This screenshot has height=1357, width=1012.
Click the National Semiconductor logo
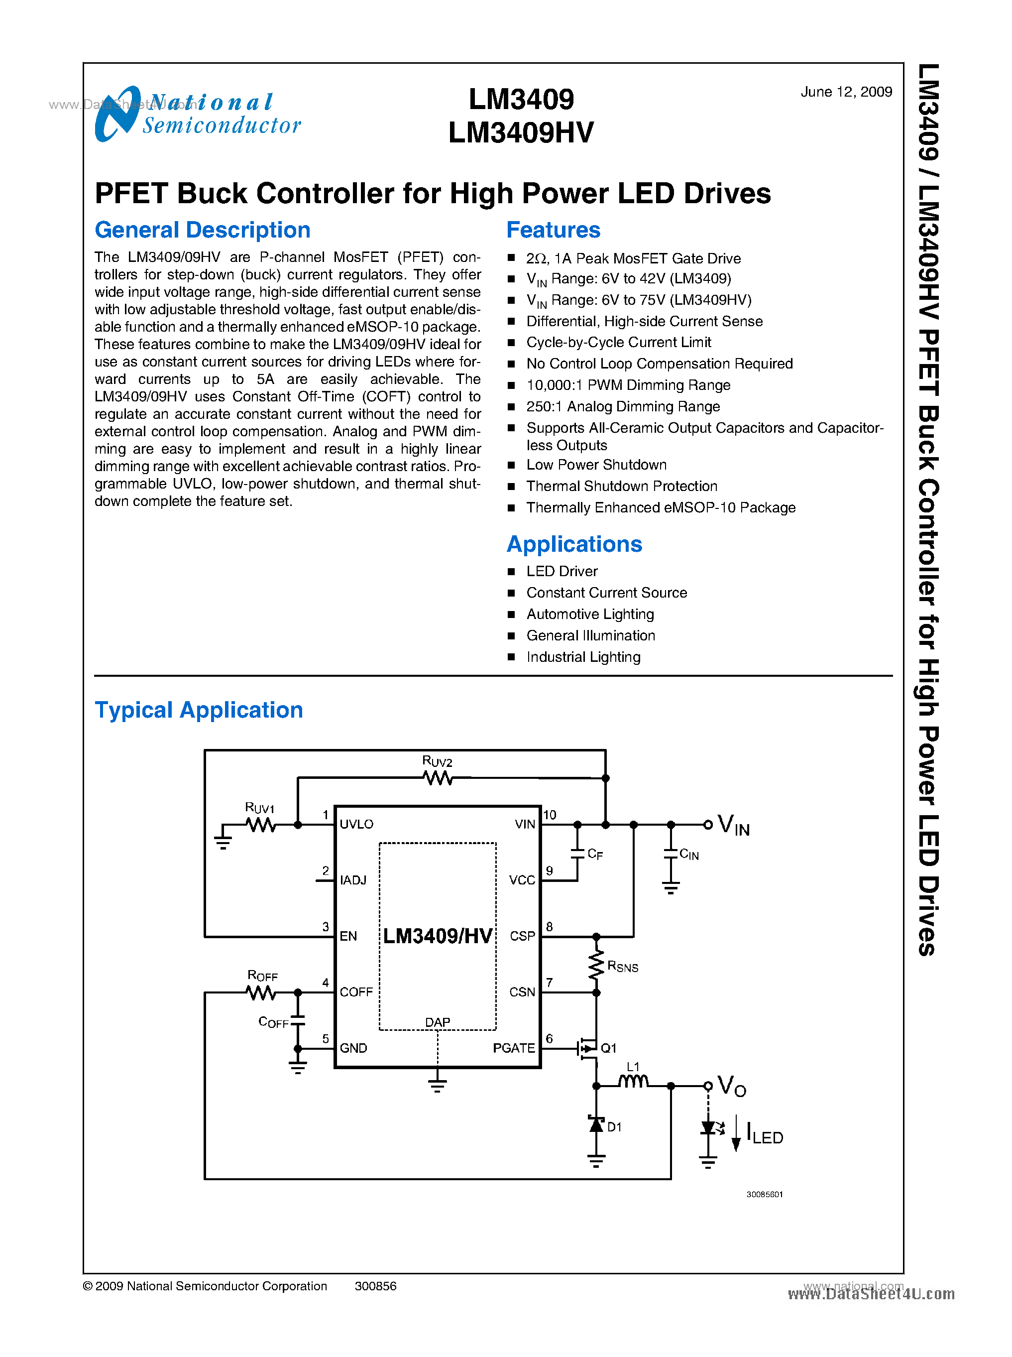pyautogui.click(x=197, y=114)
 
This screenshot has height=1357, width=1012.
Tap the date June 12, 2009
pyautogui.click(x=845, y=92)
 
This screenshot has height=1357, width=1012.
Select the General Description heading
pyautogui.click(x=202, y=230)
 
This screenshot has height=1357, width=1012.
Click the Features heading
pyautogui.click(x=553, y=230)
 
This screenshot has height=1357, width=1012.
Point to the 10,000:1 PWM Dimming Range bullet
pyautogui.click(x=628, y=385)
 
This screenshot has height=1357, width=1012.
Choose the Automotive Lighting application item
pyautogui.click(x=589, y=614)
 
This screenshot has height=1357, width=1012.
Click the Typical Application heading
pyautogui.click(x=199, y=710)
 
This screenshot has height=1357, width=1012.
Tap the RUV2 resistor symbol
pyautogui.click(x=438, y=778)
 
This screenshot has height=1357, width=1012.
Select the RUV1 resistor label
pyautogui.click(x=260, y=808)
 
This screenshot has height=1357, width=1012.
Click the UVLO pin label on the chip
pyautogui.click(x=356, y=824)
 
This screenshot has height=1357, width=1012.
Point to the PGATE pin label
pyautogui.click(x=513, y=1048)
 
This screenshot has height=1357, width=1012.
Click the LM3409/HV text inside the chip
pyautogui.click(x=438, y=936)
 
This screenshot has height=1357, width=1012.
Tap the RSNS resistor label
pyautogui.click(x=622, y=967)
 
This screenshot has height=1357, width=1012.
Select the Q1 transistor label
pyautogui.click(x=608, y=1048)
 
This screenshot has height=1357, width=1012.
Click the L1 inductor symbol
pyautogui.click(x=633, y=1082)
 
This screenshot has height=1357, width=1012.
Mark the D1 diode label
pyautogui.click(x=614, y=1126)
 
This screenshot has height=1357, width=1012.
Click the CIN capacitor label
pyautogui.click(x=689, y=855)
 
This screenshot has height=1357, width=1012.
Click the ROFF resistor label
pyautogui.click(x=262, y=976)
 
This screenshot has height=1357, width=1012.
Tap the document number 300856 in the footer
pyautogui.click(x=375, y=1286)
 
